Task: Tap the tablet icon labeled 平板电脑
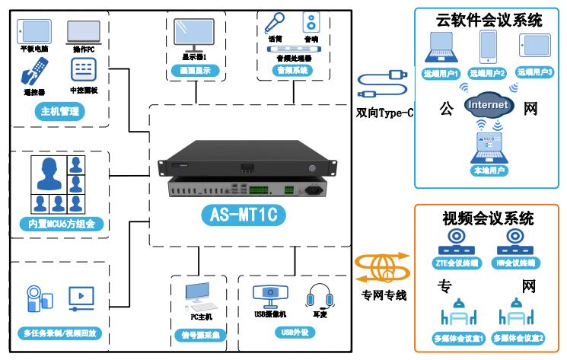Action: [32, 31]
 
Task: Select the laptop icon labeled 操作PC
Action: [82, 31]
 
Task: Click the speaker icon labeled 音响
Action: [309, 20]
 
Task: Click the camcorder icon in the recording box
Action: [35, 298]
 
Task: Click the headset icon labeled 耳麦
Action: [316, 296]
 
